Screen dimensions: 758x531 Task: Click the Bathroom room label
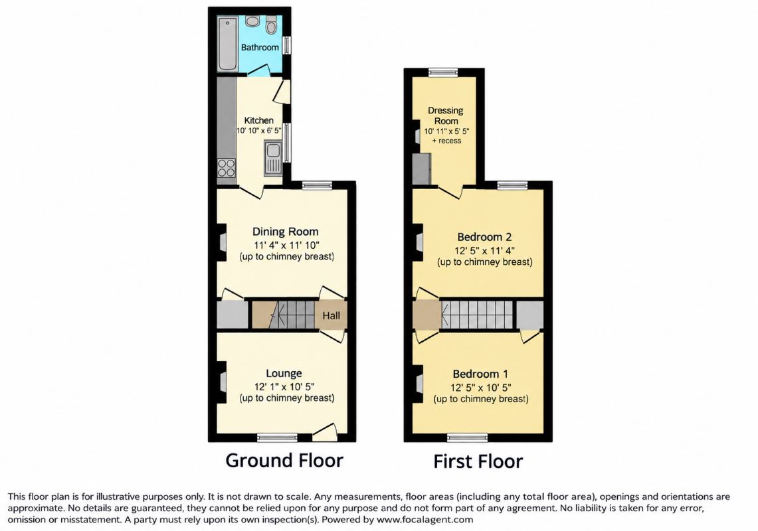point(260,47)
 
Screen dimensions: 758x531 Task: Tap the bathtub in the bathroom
point(227,44)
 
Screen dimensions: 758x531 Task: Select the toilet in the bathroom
point(271,25)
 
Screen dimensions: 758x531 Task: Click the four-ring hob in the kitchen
point(227,168)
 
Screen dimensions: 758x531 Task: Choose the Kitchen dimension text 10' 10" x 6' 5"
point(258,131)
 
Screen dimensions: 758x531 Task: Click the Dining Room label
point(285,232)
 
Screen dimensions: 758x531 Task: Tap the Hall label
point(331,315)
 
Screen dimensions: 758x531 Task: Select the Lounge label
point(284,374)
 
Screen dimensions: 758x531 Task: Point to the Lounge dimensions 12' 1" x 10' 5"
point(284,387)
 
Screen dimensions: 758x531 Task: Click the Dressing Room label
point(446,116)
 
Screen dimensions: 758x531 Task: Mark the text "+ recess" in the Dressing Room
point(446,141)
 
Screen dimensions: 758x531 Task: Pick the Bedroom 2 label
point(484,237)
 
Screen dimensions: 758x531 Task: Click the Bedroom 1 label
point(480,374)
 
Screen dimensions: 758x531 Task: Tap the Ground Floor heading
point(284,461)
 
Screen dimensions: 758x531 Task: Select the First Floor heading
point(478,461)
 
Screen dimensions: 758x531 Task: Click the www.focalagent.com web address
point(425,520)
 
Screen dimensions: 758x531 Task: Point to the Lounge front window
point(277,438)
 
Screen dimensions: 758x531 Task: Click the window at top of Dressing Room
point(443,72)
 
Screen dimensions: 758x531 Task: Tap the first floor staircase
point(476,315)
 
